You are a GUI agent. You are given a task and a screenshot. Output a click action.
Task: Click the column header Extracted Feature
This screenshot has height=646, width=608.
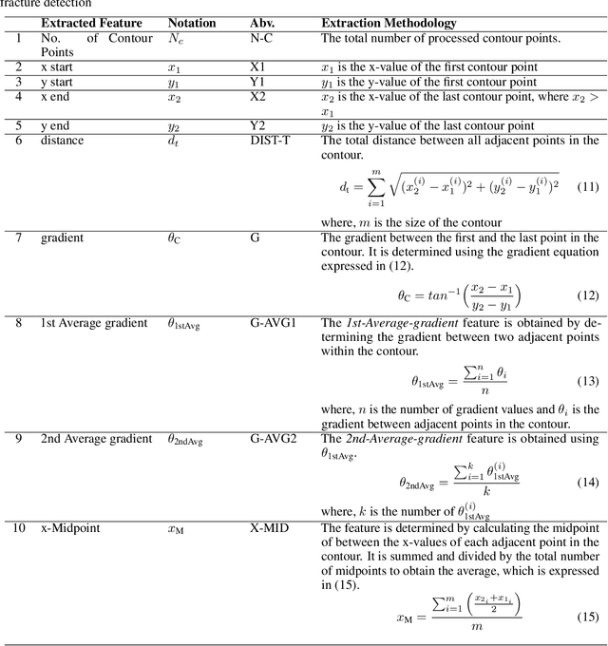91,23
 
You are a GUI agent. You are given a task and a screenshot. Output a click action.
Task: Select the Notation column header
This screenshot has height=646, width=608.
191,23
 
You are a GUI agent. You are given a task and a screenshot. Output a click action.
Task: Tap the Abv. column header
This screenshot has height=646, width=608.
262,23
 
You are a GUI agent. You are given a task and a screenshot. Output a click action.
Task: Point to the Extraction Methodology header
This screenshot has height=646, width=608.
389,23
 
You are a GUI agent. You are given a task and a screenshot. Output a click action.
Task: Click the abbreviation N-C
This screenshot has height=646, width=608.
261,39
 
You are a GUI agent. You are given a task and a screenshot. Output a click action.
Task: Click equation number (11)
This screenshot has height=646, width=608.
588,186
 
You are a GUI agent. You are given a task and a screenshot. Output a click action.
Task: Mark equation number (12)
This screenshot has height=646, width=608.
588,294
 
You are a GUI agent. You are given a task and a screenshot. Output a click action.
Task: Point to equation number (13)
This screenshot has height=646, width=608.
588,381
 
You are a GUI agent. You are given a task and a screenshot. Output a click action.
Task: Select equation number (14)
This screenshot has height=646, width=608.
588,482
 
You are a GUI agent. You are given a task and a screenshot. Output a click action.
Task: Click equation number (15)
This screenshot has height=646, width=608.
588,617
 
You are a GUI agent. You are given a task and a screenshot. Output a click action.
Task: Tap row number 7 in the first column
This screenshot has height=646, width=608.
17,237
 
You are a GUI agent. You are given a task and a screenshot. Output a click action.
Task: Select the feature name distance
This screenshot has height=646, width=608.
63,141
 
